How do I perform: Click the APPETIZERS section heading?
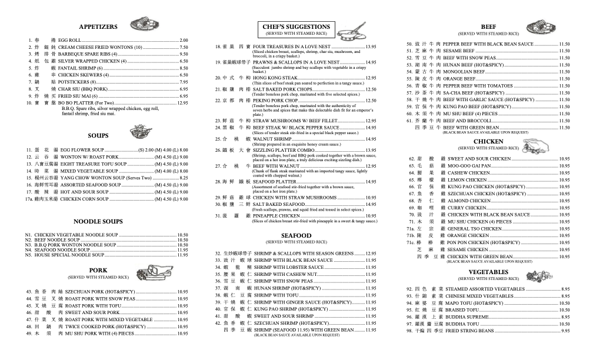point(98,27)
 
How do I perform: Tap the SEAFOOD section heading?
point(296,236)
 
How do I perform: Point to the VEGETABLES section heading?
point(488,272)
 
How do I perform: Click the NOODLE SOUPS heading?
point(98,222)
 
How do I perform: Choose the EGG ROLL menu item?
point(69,40)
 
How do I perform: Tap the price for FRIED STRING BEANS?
point(565,331)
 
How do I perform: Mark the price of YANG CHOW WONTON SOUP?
point(184,178)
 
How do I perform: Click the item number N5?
point(28,255)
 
